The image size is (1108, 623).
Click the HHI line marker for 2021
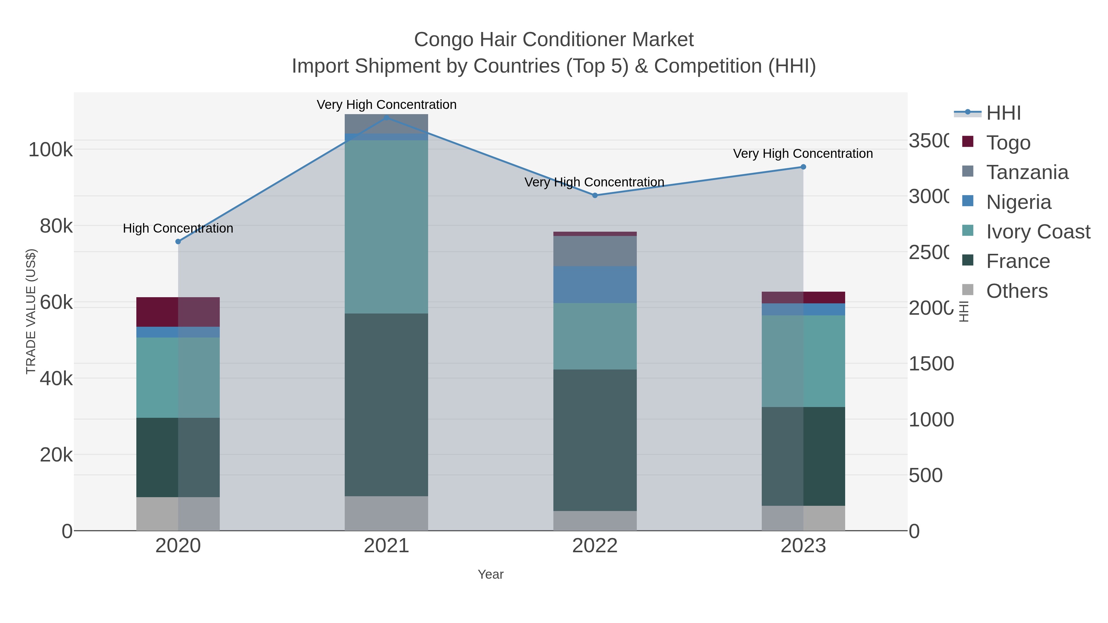[x=386, y=118]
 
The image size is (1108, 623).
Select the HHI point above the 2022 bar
[x=595, y=195]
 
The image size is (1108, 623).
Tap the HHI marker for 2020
[x=178, y=242]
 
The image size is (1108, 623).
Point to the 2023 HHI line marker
[x=803, y=167]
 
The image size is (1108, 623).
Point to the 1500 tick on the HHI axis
[x=931, y=364]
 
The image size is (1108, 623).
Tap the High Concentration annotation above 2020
[x=178, y=228]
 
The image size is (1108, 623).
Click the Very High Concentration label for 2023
[x=803, y=154]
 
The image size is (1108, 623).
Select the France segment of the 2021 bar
[x=386, y=404]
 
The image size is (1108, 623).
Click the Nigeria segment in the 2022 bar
[x=595, y=284]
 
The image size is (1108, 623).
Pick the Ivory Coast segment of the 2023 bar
[x=803, y=361]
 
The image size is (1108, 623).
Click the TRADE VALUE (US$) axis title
[x=31, y=311]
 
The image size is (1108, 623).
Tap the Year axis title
[x=490, y=574]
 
